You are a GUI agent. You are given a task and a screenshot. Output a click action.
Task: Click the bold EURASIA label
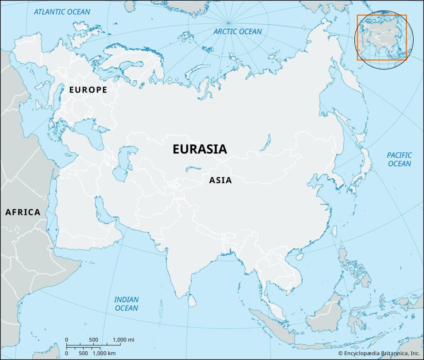[200, 149]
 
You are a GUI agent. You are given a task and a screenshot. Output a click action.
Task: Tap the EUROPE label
[88, 90]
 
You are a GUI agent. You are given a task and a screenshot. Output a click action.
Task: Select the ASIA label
[220, 180]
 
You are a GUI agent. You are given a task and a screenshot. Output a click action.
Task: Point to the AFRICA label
[23, 212]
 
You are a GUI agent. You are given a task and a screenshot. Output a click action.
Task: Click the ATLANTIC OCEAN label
[62, 12]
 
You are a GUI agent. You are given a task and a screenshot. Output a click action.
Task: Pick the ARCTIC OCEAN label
[238, 31]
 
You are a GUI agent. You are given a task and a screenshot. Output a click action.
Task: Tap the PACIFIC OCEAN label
[399, 159]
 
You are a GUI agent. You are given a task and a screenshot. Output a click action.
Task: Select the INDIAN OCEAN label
[126, 303]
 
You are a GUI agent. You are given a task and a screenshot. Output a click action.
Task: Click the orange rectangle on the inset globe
[382, 38]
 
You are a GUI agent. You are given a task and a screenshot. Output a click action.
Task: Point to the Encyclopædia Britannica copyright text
[379, 353]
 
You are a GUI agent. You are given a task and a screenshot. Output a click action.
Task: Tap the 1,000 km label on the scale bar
[104, 353]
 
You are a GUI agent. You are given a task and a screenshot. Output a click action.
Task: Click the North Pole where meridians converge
[228, 22]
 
